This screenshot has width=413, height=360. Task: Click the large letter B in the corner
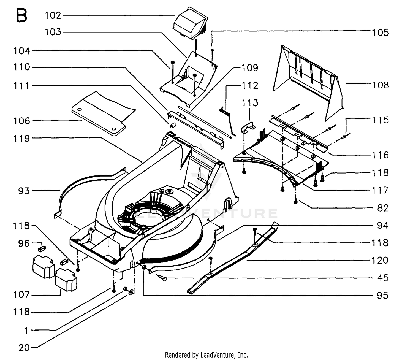click(x=21, y=15)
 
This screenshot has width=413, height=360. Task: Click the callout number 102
click(x=53, y=15)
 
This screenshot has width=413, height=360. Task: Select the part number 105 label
click(x=381, y=33)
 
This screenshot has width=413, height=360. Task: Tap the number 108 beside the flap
click(x=381, y=85)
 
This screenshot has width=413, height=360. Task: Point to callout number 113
click(x=250, y=103)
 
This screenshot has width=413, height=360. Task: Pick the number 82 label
click(x=383, y=208)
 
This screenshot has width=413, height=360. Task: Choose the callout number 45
click(x=383, y=278)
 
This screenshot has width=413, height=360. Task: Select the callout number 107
click(x=21, y=295)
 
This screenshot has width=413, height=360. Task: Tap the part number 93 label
click(x=24, y=191)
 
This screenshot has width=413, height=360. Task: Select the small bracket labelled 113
click(x=248, y=128)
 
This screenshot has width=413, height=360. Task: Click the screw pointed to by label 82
click(x=296, y=202)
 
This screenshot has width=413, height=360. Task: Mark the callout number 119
click(x=21, y=139)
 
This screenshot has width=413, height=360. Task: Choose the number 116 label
click(x=381, y=155)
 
